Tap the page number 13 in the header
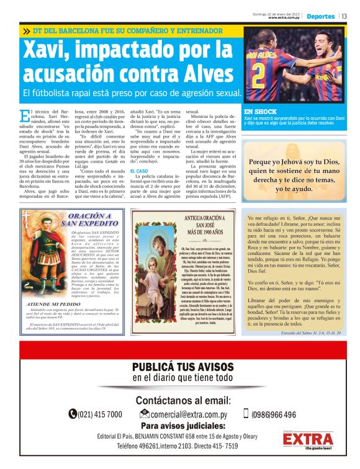point(344,16)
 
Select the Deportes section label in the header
point(320,16)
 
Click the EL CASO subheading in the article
point(138,170)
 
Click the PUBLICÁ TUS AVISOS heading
point(183,367)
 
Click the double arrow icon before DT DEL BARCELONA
point(27,30)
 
